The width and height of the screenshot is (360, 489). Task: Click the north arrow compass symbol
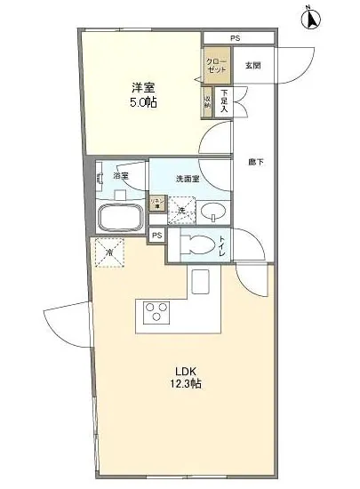310,18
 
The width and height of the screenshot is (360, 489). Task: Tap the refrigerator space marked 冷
109,252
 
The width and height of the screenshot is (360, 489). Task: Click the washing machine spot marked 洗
181,210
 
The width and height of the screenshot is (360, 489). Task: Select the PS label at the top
235,38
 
